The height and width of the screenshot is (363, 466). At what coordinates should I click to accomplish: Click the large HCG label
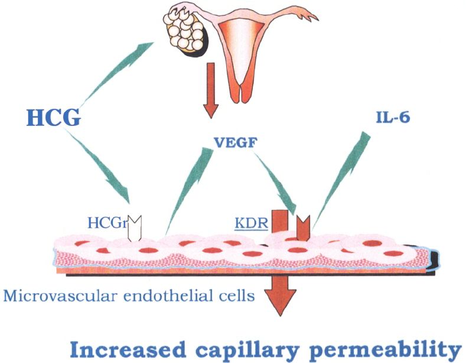(53, 118)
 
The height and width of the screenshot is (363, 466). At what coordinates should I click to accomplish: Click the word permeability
(387, 349)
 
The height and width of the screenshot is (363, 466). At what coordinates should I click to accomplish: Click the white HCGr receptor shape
(136, 227)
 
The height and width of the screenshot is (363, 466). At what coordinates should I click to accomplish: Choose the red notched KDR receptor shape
(302, 228)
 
